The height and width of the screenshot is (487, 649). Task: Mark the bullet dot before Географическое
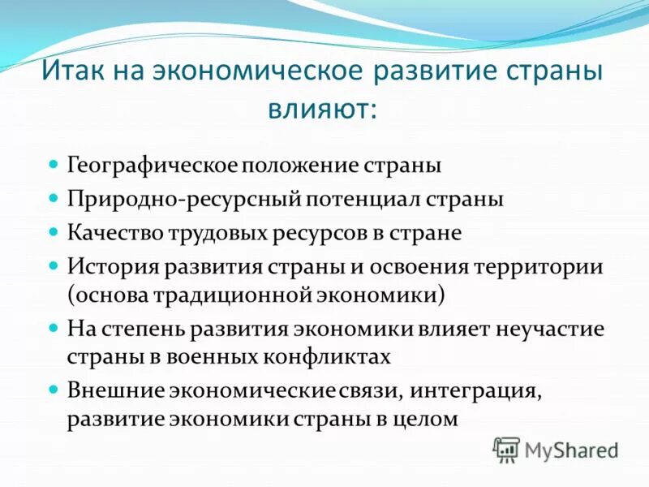pos(54,164)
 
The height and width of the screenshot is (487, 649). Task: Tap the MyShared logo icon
pos(506,449)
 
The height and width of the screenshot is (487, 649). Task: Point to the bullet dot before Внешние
pos(54,389)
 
